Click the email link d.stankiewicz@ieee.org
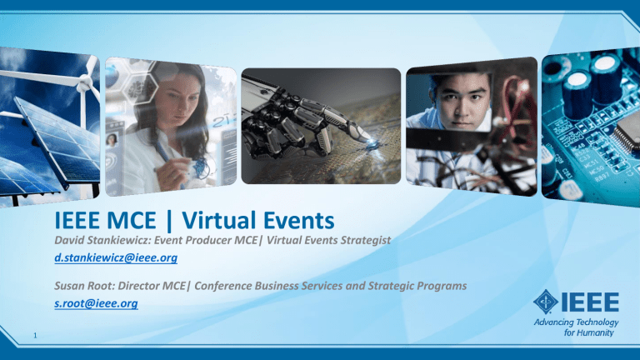click(x=116, y=258)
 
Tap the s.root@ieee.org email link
click(x=97, y=303)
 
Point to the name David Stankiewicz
click(x=102, y=240)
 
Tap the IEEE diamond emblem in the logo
click(x=546, y=302)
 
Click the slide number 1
click(x=35, y=336)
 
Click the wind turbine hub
click(x=84, y=83)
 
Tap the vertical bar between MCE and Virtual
click(x=169, y=222)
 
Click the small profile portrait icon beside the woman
click(x=112, y=140)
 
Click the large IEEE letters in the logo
click(x=590, y=302)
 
